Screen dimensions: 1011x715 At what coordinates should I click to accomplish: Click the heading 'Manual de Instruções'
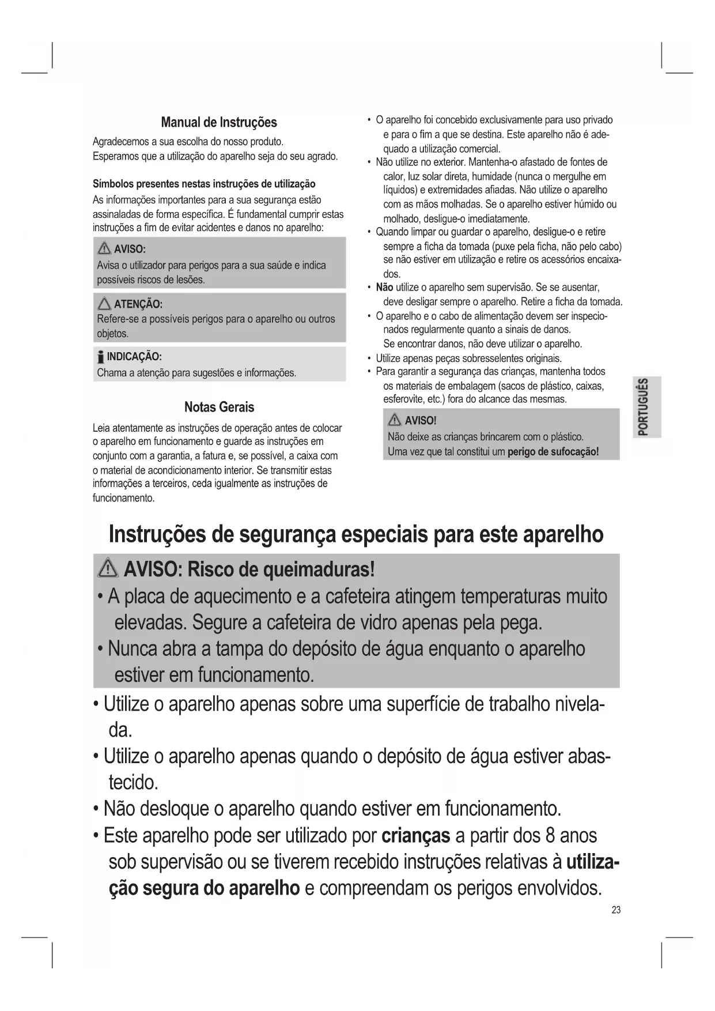(219, 122)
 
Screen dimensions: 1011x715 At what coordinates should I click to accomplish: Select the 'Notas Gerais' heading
(219, 407)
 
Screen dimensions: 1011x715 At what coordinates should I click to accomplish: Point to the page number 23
(616, 910)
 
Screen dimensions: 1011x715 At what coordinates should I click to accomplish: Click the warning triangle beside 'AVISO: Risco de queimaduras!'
(108, 569)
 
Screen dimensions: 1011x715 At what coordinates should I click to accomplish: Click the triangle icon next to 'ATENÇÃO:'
(104, 304)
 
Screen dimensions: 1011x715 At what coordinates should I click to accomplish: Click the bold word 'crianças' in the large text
(415, 835)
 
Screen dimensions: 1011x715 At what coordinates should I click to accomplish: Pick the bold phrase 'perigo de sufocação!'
(553, 451)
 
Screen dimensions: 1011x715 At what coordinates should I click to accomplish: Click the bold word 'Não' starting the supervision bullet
(384, 287)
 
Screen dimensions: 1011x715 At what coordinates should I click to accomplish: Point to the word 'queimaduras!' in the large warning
(319, 569)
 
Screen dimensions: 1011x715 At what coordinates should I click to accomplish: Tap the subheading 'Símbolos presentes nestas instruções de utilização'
(204, 184)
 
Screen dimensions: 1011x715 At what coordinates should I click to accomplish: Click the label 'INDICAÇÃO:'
(134, 356)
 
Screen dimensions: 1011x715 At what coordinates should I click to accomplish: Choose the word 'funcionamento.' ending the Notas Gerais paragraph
(124, 498)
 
